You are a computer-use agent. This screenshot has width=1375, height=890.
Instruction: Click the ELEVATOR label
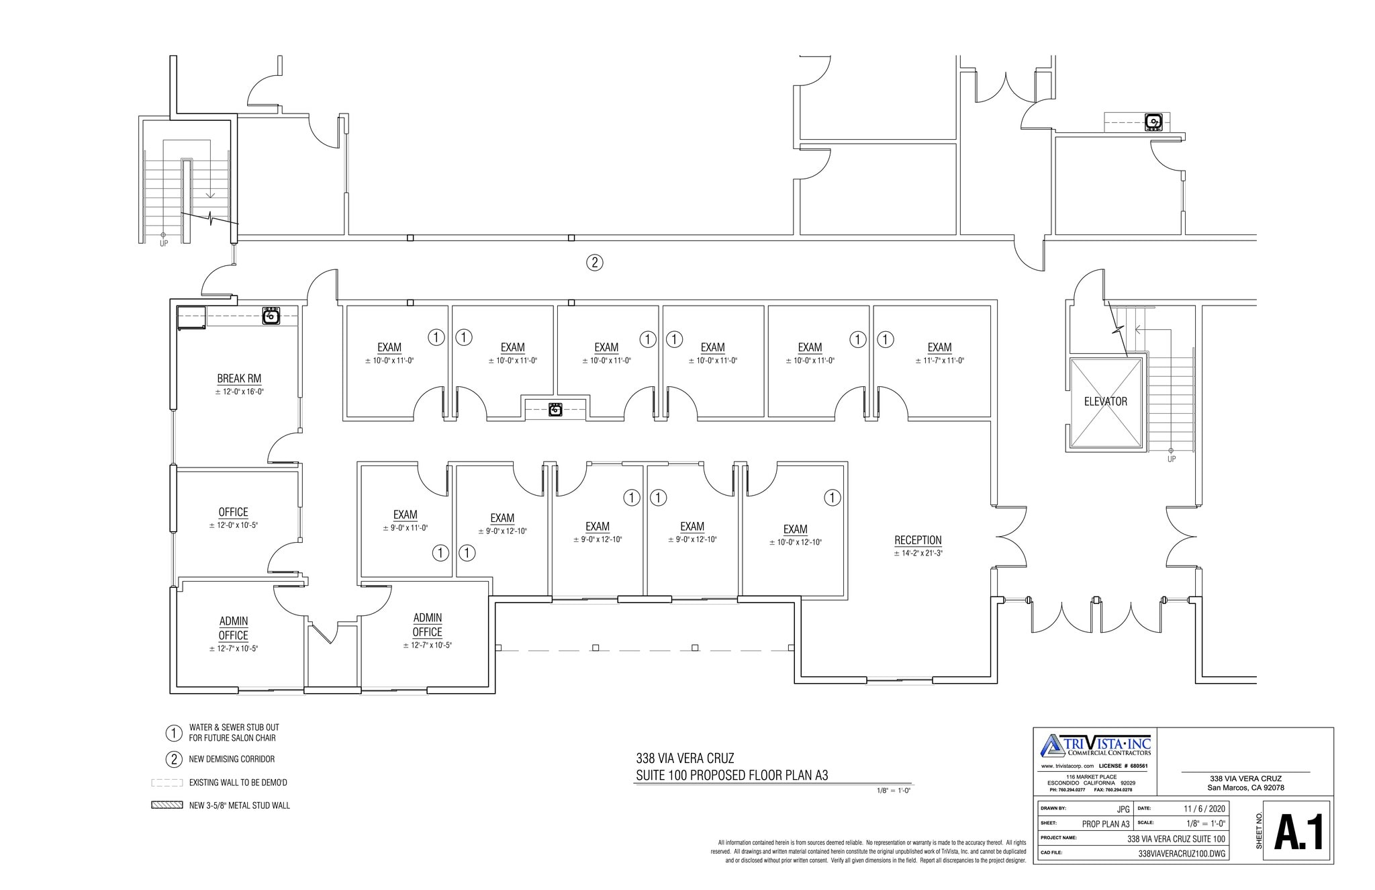(1105, 402)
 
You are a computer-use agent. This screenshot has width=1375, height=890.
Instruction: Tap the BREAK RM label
(239, 379)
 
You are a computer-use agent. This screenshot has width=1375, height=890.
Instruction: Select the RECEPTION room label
(918, 540)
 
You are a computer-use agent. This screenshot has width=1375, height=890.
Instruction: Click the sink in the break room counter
(271, 316)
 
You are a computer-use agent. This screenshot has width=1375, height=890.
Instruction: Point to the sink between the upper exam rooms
(555, 409)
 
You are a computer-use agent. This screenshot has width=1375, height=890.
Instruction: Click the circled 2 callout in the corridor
(594, 263)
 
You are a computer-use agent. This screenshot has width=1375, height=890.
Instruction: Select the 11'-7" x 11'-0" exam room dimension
(939, 361)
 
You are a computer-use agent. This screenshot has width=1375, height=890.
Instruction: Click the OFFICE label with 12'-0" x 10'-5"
(233, 513)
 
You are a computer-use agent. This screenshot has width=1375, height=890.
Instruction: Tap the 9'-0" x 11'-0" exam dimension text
(405, 528)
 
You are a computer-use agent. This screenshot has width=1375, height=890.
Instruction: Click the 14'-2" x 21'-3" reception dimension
(918, 553)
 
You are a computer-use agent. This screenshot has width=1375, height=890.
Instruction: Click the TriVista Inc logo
(1095, 746)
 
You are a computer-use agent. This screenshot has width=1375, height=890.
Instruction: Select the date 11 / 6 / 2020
(1204, 809)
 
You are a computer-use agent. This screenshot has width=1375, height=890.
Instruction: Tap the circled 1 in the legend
(174, 732)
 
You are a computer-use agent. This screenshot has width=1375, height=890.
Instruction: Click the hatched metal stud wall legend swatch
(167, 805)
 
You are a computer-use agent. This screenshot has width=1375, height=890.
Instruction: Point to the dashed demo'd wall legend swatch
(167, 783)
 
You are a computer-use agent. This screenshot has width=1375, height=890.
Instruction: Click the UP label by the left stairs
(164, 244)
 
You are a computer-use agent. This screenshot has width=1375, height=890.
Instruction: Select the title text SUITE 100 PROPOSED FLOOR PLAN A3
(732, 776)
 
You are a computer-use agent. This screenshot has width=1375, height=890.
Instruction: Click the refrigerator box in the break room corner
(191, 317)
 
